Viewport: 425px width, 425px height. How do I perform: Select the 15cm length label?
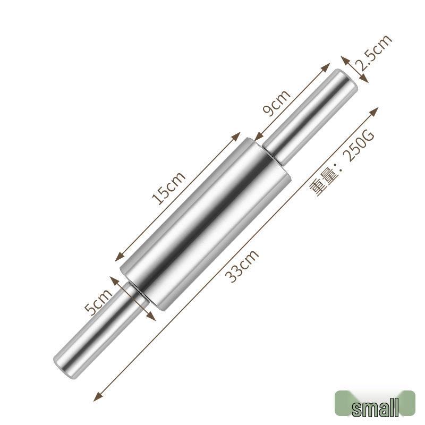tap(168, 189)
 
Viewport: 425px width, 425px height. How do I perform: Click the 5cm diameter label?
tap(99, 301)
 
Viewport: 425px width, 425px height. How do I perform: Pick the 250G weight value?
tap(360, 145)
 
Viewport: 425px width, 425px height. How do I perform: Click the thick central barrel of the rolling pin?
tap(205, 223)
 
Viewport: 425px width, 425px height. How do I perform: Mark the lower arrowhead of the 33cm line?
tap(96, 398)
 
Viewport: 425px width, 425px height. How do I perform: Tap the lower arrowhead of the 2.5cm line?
tap(365, 80)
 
